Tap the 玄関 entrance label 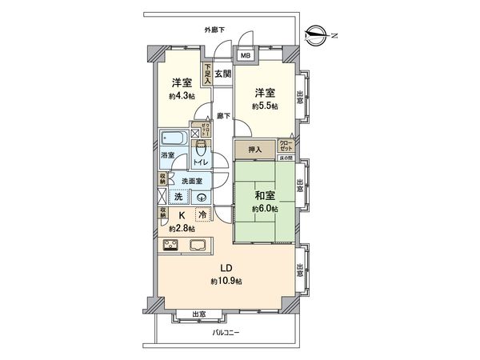coord(222,74)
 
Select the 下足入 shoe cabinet coord(207,74)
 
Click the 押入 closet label coord(253,148)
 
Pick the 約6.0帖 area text coord(263,209)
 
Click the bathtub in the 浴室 coord(172,136)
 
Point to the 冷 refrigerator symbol coord(202,215)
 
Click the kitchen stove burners coord(172,245)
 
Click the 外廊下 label coord(214,30)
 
